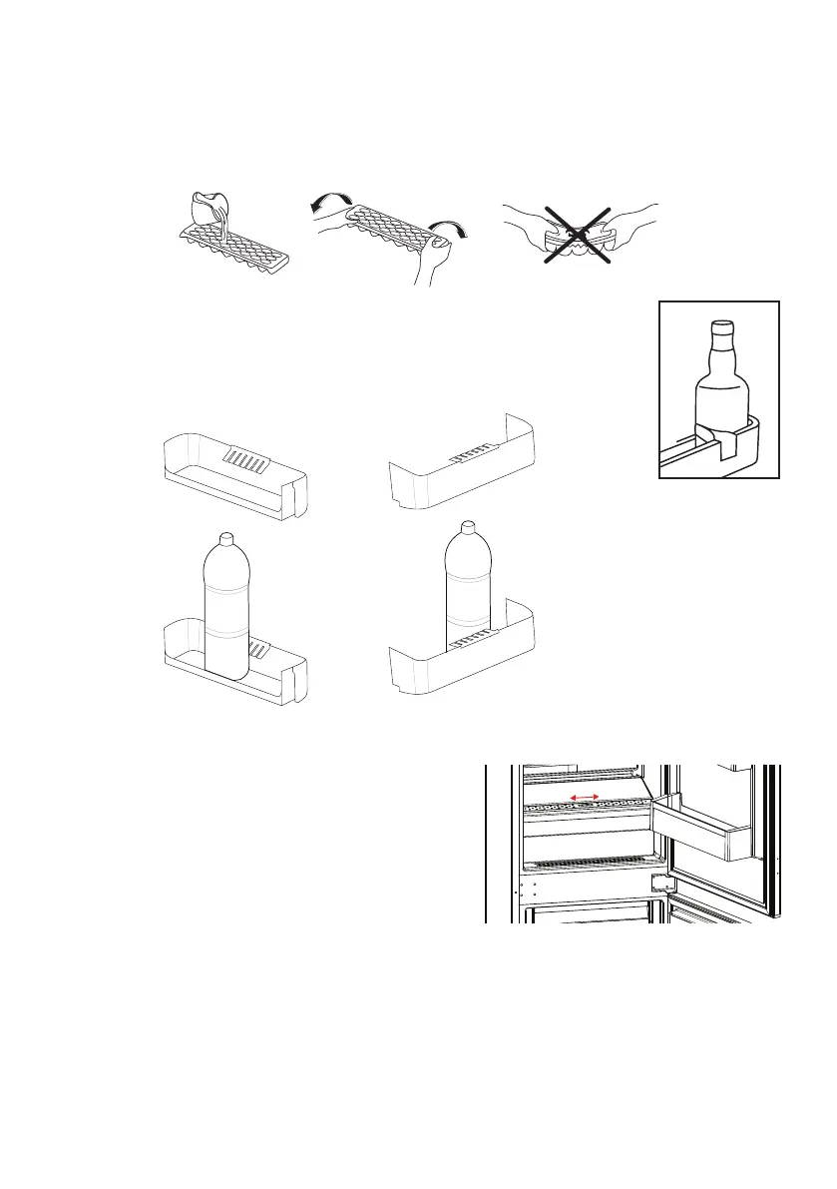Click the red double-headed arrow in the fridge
(x=583, y=798)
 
